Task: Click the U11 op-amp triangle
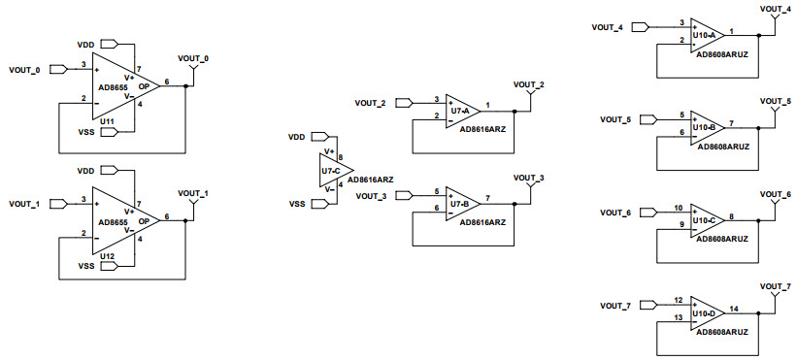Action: click(x=122, y=84)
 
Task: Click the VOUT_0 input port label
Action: click(x=25, y=70)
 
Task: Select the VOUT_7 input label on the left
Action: click(x=615, y=306)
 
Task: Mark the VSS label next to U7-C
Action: click(x=297, y=204)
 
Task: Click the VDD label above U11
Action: click(x=86, y=44)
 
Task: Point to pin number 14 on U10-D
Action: click(x=733, y=309)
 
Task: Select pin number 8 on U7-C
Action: click(x=340, y=154)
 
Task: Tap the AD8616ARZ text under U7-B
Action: click(x=482, y=222)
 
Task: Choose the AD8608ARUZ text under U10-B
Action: click(x=722, y=146)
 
